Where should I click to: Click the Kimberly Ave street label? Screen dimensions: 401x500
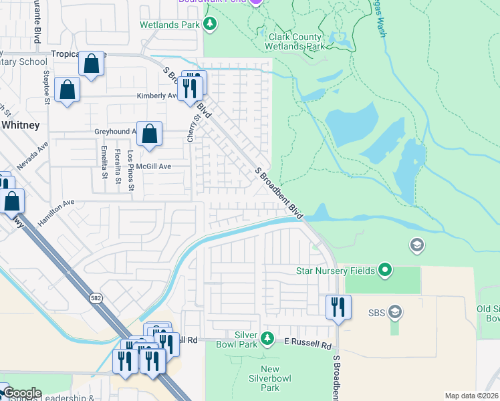(x=157, y=96)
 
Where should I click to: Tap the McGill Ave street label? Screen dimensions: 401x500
(x=154, y=166)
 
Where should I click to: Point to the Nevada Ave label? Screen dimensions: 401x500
(x=33, y=156)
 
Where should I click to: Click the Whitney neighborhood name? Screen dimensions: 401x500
(x=20, y=125)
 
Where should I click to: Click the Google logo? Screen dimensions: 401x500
(x=21, y=393)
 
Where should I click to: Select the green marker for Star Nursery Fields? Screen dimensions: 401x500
(x=384, y=271)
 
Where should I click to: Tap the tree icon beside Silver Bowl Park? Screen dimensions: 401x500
(x=267, y=338)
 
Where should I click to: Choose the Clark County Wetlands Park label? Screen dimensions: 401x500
(x=296, y=41)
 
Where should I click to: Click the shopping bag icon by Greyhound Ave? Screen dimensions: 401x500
(x=150, y=134)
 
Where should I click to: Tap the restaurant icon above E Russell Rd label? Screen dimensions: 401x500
(x=338, y=307)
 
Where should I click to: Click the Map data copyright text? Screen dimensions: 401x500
(x=471, y=396)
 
